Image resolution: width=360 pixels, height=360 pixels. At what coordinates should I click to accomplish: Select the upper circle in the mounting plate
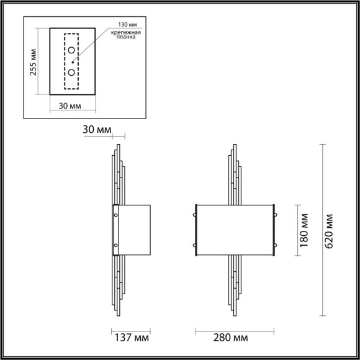pyautogui.click(x=72, y=50)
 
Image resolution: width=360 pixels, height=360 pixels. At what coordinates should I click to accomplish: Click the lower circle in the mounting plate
pyautogui.click(x=72, y=73)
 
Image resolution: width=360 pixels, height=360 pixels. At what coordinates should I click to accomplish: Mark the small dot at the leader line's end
pyautogui.click(x=73, y=61)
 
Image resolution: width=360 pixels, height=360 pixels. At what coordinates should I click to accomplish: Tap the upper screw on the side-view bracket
pyautogui.click(x=115, y=215)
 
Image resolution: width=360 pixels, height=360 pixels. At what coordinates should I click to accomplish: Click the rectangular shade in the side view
pyautogui.click(x=134, y=230)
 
